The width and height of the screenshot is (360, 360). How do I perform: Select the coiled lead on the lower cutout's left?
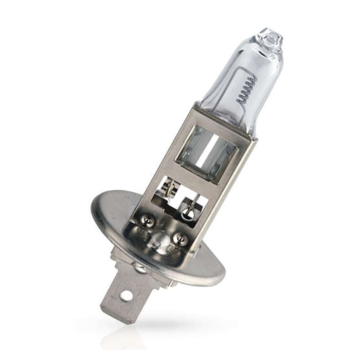tap(167, 187)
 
